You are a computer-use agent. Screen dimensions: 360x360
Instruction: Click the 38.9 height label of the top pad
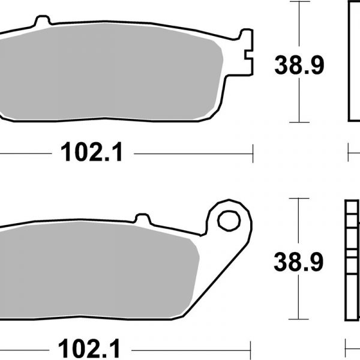pyautogui.click(x=299, y=65)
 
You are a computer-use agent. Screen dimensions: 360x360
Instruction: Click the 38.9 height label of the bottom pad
pyautogui.click(x=298, y=262)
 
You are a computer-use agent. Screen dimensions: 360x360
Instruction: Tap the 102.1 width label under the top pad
pyautogui.click(x=92, y=152)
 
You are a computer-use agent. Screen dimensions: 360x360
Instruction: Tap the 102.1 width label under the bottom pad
pyautogui.click(x=89, y=349)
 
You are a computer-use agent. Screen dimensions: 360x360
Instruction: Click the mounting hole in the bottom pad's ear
pyautogui.click(x=229, y=221)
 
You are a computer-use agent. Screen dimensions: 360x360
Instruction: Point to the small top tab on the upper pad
pyautogui.click(x=43, y=20)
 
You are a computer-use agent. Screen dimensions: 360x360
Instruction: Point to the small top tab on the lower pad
pyautogui.click(x=142, y=218)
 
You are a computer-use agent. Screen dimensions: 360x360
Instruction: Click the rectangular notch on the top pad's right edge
pyautogui.click(x=248, y=55)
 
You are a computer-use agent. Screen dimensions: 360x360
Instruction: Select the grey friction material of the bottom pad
pyautogui.click(x=97, y=270)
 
